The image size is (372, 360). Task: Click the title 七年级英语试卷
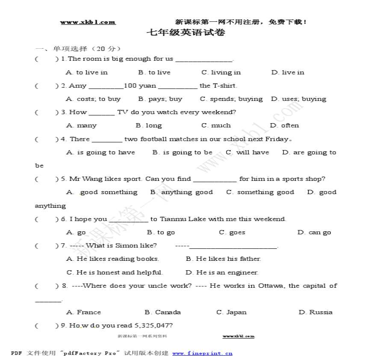tap(186, 32)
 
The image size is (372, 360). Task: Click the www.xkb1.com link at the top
tap(88, 22)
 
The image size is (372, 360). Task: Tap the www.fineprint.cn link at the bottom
tap(202, 353)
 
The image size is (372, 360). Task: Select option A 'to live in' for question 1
tap(87, 72)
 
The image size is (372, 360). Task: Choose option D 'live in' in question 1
tap(288, 72)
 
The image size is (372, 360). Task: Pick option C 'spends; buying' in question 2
tap(231, 99)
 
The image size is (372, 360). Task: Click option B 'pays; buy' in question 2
tap(160, 99)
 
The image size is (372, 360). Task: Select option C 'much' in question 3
tap(216, 126)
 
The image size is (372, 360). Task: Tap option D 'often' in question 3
tap(284, 126)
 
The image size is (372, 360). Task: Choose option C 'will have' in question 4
tap(248, 152)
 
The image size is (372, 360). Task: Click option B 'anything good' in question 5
tap(181, 192)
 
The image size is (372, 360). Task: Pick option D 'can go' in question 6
tap(314, 233)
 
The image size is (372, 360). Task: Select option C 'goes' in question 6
tap(232, 233)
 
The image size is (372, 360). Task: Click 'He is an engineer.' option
tap(222, 272)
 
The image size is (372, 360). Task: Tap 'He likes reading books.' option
tap(113, 259)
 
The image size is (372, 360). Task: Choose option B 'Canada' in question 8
tap(162, 312)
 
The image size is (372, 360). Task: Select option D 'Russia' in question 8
tap(315, 312)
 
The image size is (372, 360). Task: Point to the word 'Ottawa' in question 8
tap(270, 286)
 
